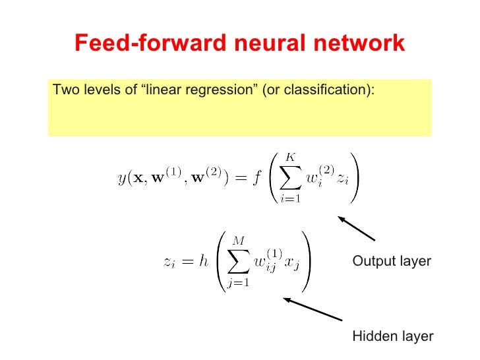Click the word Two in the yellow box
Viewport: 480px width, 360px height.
64,89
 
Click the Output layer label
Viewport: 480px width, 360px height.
392,261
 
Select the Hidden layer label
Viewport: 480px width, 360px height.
393,336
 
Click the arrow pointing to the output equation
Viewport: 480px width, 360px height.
356,228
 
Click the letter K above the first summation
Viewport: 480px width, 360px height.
291,156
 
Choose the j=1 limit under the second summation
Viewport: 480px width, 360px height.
237,284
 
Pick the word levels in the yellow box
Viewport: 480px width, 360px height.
99,89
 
